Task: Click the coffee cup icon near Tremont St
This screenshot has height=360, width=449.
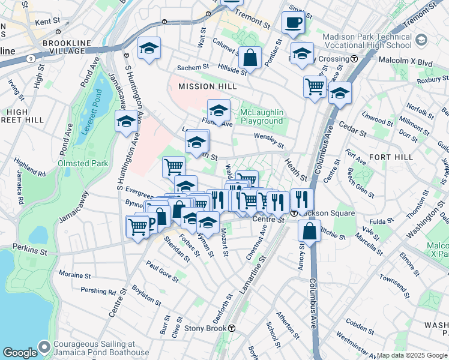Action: tap(293, 23)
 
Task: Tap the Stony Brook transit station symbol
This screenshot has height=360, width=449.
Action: tap(231, 328)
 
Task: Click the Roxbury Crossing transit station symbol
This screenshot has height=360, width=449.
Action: tap(354, 59)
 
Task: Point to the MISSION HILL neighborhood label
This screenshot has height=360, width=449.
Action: tap(203, 87)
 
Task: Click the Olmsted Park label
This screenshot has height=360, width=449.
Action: tap(83, 163)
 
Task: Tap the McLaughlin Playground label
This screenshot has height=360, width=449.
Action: tap(262, 116)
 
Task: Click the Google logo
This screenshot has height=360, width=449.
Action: tap(19, 353)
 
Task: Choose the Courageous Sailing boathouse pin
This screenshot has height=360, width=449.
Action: tap(44, 347)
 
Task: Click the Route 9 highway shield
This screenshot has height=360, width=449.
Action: tap(30, 59)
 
